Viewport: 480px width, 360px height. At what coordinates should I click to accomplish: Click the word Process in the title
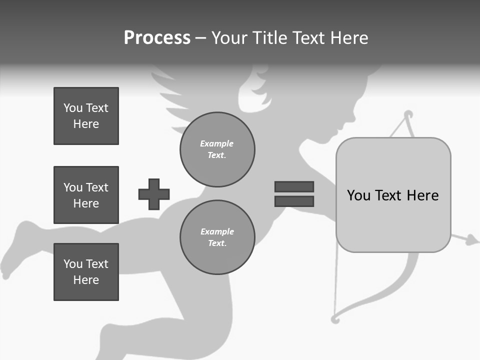pyautogui.click(x=157, y=38)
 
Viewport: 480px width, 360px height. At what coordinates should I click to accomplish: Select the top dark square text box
pyautogui.click(x=86, y=116)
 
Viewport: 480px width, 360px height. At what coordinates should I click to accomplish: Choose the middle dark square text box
pyautogui.click(x=86, y=195)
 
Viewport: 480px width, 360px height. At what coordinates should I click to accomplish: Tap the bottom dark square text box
pyautogui.click(x=86, y=272)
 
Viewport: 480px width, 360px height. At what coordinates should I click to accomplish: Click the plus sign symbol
pyautogui.click(x=154, y=194)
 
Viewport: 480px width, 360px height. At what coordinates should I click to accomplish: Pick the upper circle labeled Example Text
pyautogui.click(x=217, y=149)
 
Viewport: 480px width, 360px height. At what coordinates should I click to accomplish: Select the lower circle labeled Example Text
pyautogui.click(x=217, y=237)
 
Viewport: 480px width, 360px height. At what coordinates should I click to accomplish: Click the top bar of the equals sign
pyautogui.click(x=294, y=186)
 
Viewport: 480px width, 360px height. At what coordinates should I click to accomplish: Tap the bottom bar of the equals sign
pyautogui.click(x=294, y=201)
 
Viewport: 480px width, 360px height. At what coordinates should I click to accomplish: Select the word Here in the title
pyautogui.click(x=350, y=38)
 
